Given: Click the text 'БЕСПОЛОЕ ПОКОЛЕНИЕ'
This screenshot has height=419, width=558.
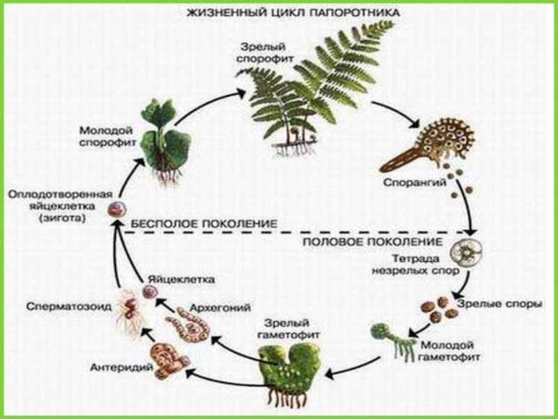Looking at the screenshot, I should pyautogui.click(x=204, y=223).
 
